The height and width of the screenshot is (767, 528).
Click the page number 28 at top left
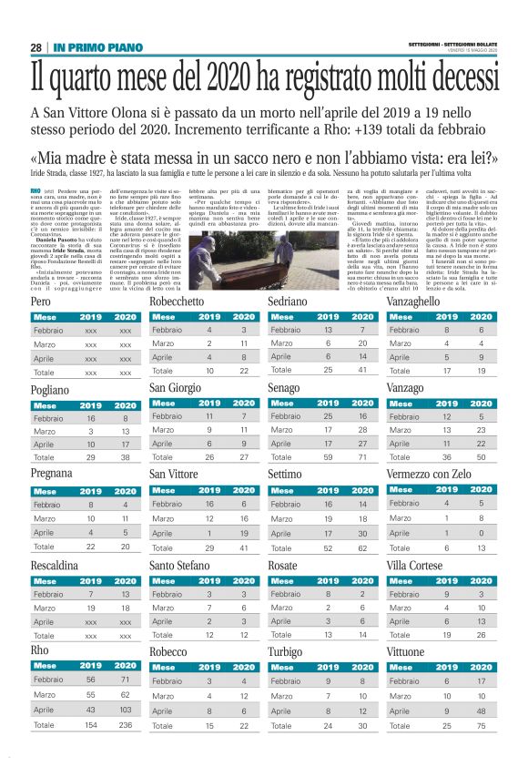pos(36,47)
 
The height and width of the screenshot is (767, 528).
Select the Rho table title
pos(40,649)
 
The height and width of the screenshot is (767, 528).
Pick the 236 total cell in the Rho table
pos(124,725)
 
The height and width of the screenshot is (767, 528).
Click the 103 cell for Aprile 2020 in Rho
pos(124,709)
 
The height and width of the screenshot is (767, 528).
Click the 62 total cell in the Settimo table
pos(362,548)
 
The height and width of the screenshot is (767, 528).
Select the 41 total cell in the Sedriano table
pos(362,371)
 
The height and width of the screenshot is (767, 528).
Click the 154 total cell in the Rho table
pos(90,725)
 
